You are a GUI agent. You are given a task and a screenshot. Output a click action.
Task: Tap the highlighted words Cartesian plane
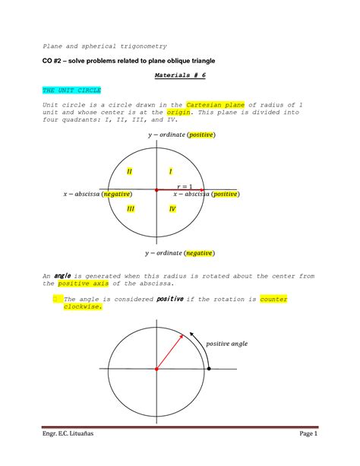(215, 104)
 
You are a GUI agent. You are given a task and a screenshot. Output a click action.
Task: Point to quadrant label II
(129, 171)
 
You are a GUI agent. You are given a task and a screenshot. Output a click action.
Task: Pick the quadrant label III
(131, 208)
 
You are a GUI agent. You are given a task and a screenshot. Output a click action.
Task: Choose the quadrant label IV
(173, 208)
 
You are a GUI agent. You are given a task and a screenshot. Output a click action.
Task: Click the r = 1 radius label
(184, 185)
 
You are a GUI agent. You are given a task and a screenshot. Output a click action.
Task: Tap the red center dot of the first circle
(156, 190)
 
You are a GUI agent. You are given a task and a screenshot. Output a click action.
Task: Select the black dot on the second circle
(209, 369)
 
